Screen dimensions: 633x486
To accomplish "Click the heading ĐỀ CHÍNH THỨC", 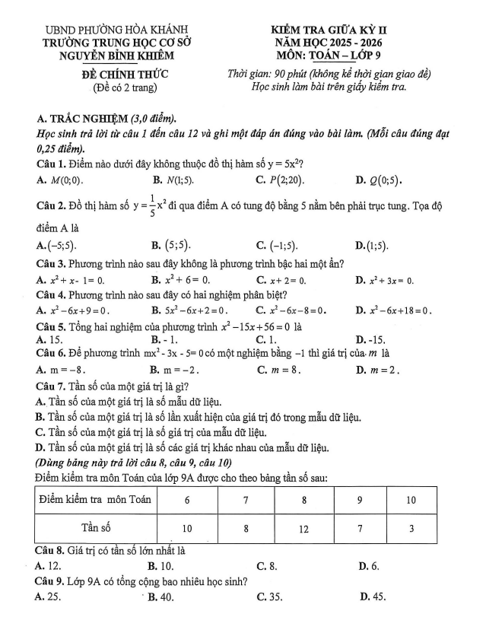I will (125, 74).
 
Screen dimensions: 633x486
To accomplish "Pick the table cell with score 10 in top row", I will (411, 500).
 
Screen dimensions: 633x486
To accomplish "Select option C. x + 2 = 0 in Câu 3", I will (281, 280).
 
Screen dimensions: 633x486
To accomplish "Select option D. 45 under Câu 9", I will (371, 596).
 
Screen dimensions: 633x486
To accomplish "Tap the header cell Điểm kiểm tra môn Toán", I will (96, 500).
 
